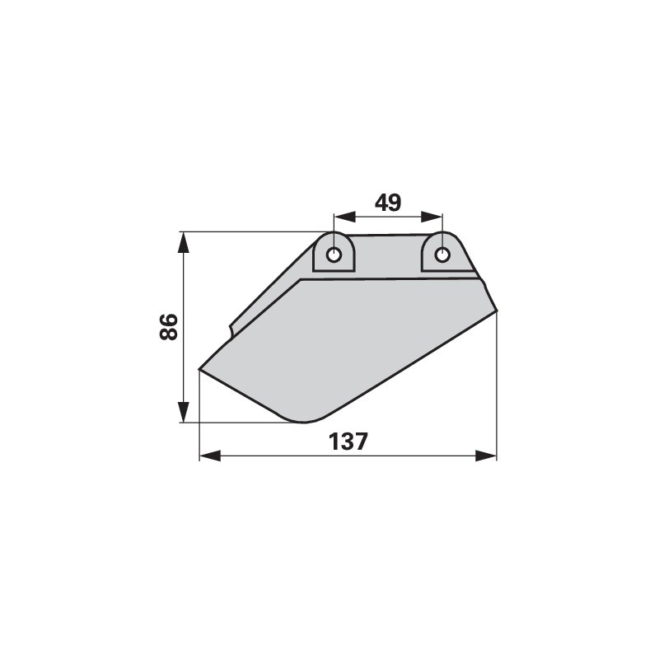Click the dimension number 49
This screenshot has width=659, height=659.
pos(388,203)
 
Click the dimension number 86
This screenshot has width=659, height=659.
pos(169,327)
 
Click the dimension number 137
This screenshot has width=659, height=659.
pos(348,442)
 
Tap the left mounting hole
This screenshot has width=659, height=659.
pos(334,255)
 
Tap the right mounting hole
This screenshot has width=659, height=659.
pos(442,255)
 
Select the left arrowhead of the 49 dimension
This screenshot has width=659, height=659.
pos(344,217)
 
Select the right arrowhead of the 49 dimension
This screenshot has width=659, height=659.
pos(432,217)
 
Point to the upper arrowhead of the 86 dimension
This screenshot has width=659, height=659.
pos(183,242)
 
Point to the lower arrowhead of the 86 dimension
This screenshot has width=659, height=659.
pos(183,412)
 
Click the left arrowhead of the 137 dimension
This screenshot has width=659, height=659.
pos(210,456)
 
